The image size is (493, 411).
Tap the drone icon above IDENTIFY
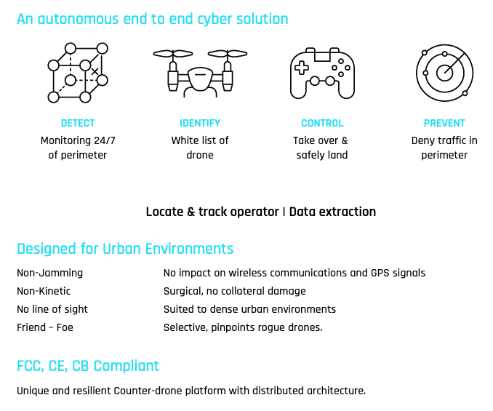pos(200,73)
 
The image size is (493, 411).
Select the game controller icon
pos(322,73)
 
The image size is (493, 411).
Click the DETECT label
pos(78,123)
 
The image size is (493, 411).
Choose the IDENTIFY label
pos(200,123)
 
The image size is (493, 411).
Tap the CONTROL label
pos(322,123)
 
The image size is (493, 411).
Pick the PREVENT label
pos(444,123)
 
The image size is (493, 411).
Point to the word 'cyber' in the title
pos(215,20)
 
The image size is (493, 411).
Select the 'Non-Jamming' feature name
pos(49,273)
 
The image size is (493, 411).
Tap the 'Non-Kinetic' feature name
pos(44,291)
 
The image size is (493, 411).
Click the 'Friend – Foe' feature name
pos(45,327)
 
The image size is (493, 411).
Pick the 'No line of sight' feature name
pos(52,309)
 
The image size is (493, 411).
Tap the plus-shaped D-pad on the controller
pos(302,68)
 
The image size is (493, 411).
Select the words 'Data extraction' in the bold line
pos(332,212)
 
